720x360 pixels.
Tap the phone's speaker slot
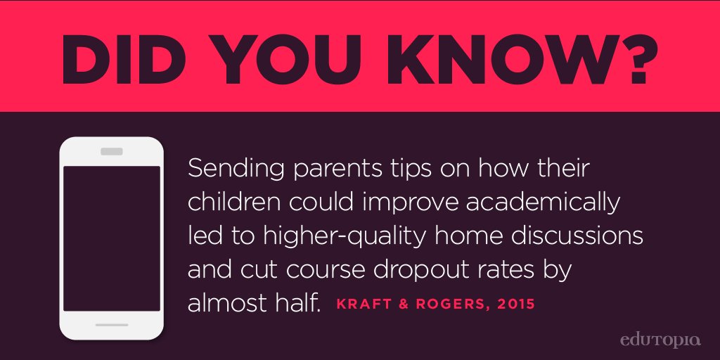[112, 151]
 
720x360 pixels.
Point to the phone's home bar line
[112, 325]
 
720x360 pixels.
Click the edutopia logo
[660, 341]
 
